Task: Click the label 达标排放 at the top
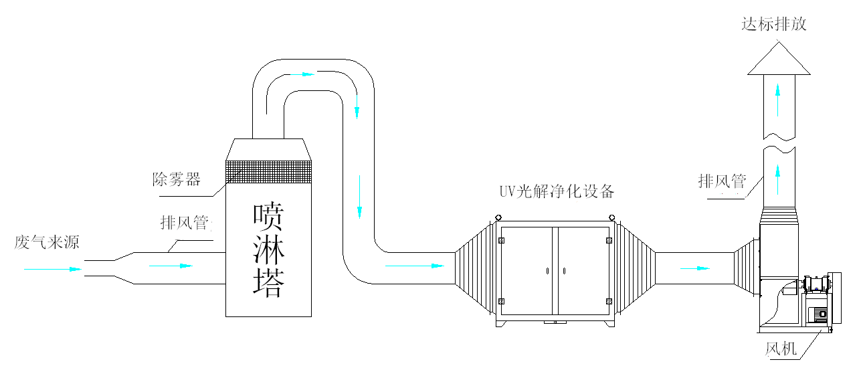[x=773, y=24]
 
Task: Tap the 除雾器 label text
[x=177, y=179]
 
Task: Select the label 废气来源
[x=47, y=242]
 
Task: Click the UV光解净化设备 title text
[x=557, y=191]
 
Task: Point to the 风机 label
[x=781, y=349]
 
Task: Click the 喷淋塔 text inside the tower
[x=269, y=250]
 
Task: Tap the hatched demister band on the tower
[x=268, y=172]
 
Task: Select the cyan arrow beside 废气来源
[x=53, y=270]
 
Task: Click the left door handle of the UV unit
[x=547, y=271]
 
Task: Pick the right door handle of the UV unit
[x=564, y=271]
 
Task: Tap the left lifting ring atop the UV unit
[x=498, y=218]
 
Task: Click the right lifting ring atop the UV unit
[x=612, y=218]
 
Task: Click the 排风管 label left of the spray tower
[x=185, y=223]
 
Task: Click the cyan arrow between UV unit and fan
[x=695, y=268]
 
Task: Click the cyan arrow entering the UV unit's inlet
[x=415, y=266]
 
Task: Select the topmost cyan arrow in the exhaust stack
[x=778, y=100]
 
